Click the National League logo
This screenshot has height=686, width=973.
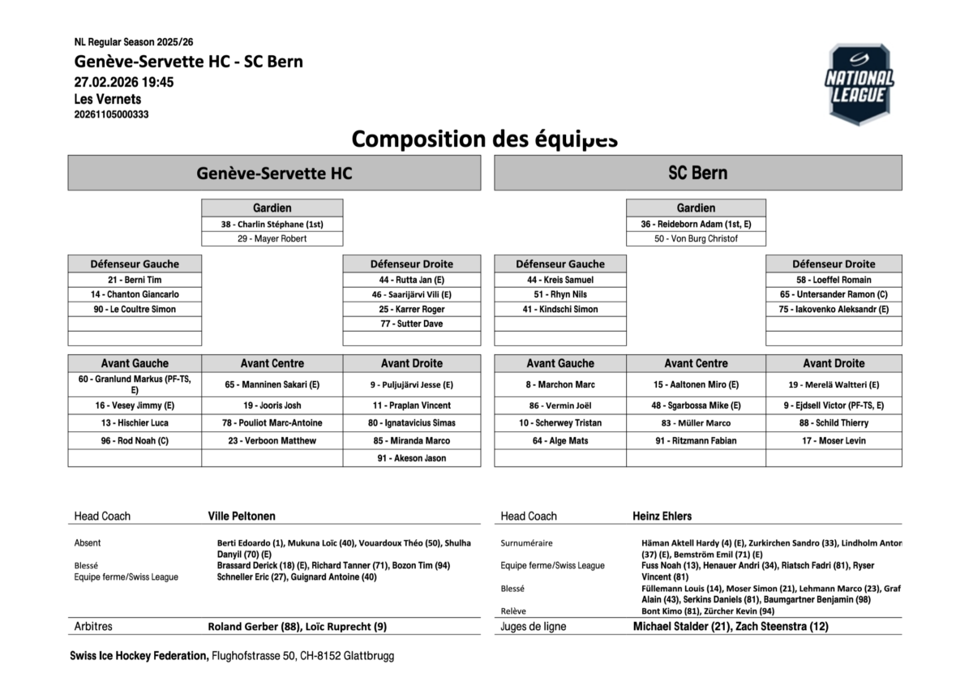coord(859,84)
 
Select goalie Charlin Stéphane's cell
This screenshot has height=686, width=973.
coord(272,224)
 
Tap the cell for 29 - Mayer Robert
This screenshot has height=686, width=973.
coord(272,238)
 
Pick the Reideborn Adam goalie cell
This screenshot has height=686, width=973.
coord(696,224)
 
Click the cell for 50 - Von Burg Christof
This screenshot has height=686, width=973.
coord(696,238)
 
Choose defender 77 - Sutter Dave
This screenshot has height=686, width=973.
coord(412,324)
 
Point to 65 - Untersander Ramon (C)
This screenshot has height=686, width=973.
coord(834,294)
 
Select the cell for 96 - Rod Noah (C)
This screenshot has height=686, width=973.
coord(135,440)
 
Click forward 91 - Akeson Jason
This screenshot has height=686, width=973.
coord(412,458)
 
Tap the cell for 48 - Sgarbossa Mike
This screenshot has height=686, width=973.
coord(696,405)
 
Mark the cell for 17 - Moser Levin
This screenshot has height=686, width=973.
coord(834,440)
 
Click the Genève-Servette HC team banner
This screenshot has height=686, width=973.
coord(274,173)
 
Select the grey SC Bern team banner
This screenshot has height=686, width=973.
coord(697,173)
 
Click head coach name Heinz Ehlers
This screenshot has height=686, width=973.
coord(662,516)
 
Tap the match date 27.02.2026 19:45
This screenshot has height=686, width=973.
coord(123,82)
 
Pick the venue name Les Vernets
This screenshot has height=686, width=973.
coord(107,99)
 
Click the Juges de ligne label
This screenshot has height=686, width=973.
coord(534,626)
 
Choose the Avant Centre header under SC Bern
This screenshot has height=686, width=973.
coord(696,363)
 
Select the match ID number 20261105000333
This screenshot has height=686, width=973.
coord(111,114)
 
